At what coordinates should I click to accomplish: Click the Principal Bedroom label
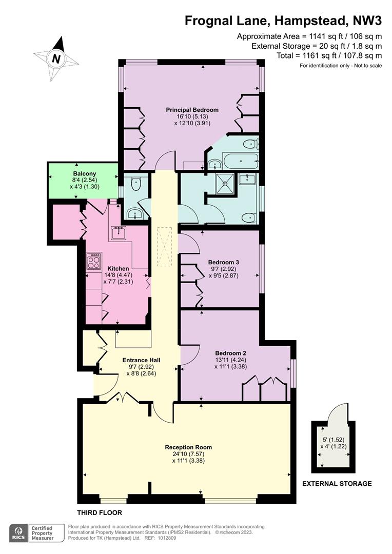pos(192,110)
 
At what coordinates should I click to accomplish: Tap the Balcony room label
pos(85,174)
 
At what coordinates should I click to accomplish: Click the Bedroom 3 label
pos(223,262)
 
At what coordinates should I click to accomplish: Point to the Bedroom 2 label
pos(230,353)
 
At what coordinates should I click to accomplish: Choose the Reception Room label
pos(188,447)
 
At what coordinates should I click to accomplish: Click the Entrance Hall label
pos(141,361)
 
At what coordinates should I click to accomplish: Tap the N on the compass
pos(56,58)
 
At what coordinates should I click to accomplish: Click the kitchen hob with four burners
pos(94,262)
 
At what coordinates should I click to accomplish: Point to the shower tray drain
pos(224,183)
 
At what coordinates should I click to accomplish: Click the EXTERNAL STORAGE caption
pos(337,484)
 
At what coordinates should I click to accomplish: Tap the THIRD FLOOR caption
pos(100,512)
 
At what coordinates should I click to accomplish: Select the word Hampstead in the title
pos(310,21)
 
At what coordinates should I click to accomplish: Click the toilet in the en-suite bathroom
pos(252,144)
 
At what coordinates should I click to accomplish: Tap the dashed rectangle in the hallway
pos(164,247)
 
